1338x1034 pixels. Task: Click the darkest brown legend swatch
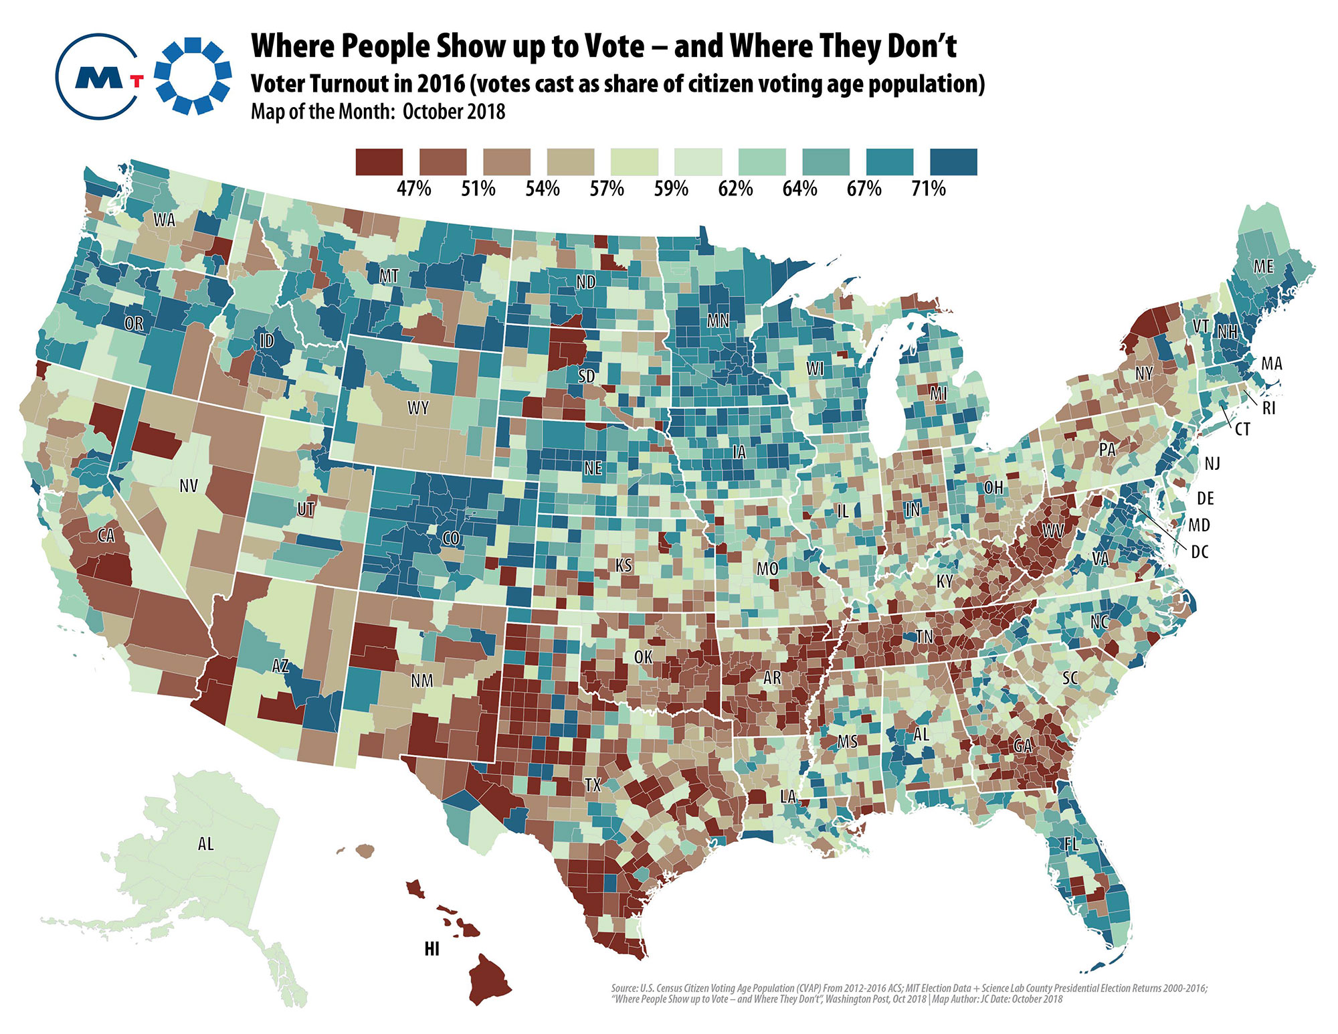tap(379, 162)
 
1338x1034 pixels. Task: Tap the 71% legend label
tap(929, 189)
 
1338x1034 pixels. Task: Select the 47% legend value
tap(414, 189)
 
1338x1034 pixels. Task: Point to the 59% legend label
tap(671, 189)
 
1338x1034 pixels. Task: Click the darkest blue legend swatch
tap(953, 162)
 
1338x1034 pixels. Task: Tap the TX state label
tap(593, 784)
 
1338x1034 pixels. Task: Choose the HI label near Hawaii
tap(432, 948)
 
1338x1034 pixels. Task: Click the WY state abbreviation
tap(418, 408)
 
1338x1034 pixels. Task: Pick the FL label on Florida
tap(1072, 845)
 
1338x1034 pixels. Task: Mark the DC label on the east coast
tap(1200, 552)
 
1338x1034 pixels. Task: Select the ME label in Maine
tap(1264, 266)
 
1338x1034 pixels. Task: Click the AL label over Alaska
tap(206, 844)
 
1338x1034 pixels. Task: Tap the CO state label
tap(452, 538)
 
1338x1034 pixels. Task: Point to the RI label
tap(1269, 408)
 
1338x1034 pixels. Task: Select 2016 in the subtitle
tap(441, 84)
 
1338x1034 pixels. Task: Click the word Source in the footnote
tap(624, 988)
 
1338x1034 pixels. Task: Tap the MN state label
tap(718, 321)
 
